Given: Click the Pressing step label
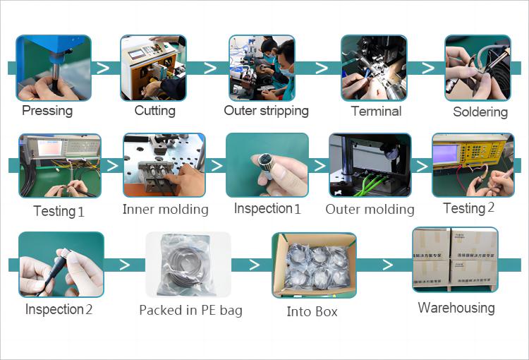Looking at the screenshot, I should point(47,111).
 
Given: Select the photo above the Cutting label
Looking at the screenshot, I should point(153,68).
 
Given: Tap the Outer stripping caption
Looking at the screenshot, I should point(266,111).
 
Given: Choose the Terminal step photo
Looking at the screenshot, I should point(374,68).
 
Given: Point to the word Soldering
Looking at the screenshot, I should point(480,112).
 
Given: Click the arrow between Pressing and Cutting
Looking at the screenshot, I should point(103,68).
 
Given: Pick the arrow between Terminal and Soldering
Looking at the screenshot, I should point(427,68).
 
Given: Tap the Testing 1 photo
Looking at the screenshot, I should point(59,165).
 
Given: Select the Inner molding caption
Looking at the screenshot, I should point(165,209).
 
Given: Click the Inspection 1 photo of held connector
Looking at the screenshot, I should point(267,165).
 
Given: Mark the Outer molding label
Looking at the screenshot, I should point(370,209).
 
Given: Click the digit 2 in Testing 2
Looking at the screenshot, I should point(491,208).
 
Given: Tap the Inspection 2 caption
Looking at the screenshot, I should point(59,309).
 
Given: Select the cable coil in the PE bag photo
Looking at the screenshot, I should point(188,265).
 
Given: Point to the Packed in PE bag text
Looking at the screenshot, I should point(190,311).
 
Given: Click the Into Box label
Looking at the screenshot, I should point(312,311).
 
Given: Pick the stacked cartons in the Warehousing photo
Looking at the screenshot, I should point(455,259).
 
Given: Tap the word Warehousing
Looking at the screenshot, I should point(456,308).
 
